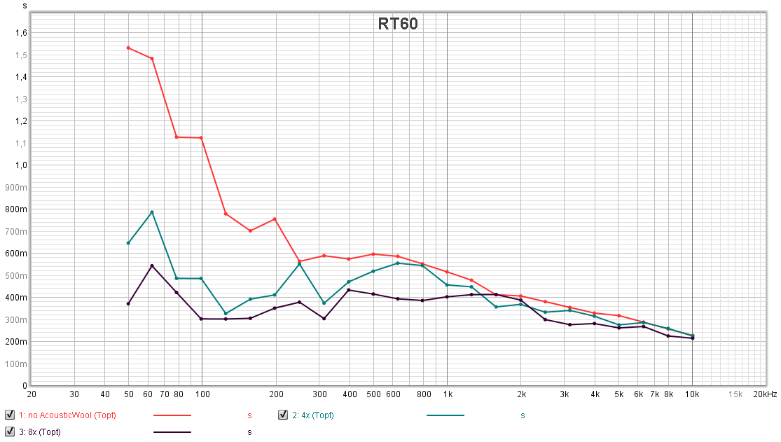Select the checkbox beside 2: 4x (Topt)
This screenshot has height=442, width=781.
point(283,415)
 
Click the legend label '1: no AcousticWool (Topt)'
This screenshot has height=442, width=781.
point(67,415)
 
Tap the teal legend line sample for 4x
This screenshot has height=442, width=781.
point(445,415)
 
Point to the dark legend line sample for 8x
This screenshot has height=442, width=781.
point(172,432)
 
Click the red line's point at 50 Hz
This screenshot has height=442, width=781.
point(128,48)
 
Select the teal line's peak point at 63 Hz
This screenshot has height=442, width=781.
point(152,212)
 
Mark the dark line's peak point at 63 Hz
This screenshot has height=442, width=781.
point(152,265)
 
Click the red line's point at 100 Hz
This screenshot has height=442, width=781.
point(201,138)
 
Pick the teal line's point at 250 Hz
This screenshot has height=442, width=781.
point(299,264)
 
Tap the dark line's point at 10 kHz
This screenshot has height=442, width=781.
point(693,338)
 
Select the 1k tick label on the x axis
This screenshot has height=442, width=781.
point(448,394)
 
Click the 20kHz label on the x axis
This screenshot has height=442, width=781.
point(765,394)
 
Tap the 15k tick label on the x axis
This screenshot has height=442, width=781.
point(735,394)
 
